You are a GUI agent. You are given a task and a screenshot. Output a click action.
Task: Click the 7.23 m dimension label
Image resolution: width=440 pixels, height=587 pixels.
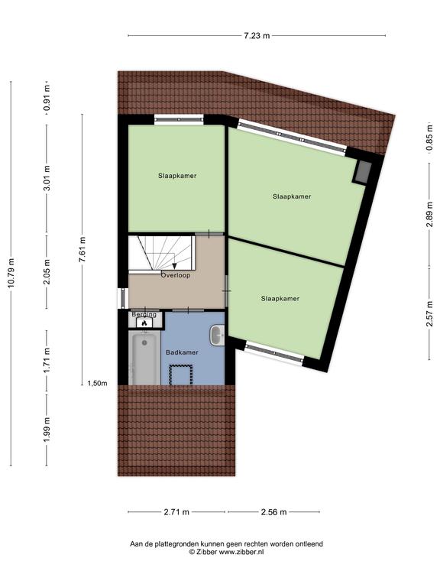(257, 36)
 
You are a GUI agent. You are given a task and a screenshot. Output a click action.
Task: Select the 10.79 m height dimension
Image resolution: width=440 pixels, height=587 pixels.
(11, 274)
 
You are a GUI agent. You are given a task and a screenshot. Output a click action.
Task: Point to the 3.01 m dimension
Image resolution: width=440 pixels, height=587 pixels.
(47, 178)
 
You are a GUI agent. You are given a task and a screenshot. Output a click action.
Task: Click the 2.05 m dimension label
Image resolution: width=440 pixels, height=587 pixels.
(47, 271)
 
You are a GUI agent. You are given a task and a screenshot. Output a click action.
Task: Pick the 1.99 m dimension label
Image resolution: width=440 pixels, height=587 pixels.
(47, 430)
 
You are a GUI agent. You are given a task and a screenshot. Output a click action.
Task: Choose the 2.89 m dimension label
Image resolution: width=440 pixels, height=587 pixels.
(429, 214)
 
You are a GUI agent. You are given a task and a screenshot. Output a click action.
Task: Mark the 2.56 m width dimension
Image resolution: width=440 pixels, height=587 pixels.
(274, 512)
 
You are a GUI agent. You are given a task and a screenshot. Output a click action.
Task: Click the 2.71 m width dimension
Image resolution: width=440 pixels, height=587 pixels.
(176, 512)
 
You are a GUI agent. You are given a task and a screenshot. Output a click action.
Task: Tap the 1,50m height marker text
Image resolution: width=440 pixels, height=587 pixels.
(97, 384)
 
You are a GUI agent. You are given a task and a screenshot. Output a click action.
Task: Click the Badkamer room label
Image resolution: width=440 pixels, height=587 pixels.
(182, 352)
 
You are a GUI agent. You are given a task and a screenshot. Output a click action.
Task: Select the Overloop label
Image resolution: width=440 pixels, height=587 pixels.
(176, 275)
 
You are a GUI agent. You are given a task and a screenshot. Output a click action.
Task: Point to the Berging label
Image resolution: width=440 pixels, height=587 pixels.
(144, 314)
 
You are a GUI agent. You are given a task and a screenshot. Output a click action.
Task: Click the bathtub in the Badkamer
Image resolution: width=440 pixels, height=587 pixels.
(144, 357)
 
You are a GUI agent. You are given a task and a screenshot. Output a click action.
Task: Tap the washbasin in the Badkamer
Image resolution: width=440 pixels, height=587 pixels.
(217, 335)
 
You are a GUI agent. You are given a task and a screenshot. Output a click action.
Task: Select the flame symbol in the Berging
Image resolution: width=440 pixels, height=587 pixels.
(144, 323)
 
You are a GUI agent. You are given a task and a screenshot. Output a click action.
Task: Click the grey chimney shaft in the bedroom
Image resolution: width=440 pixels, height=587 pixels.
(362, 172)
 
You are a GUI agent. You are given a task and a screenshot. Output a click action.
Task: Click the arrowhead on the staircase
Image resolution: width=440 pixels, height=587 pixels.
(174, 266)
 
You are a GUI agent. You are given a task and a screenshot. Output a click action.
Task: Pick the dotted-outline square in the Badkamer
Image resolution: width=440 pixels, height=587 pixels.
(181, 375)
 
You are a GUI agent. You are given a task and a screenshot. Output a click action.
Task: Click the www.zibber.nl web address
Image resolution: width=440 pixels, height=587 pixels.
(241, 551)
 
